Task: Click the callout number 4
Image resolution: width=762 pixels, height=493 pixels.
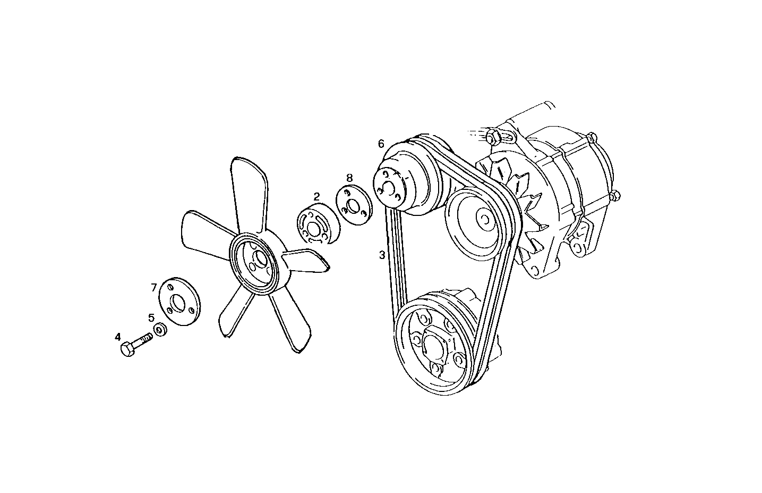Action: pyautogui.click(x=118, y=337)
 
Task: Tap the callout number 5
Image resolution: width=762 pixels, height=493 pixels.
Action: pyautogui.click(x=151, y=317)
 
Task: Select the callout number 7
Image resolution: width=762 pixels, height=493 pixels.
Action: pyautogui.click(x=153, y=288)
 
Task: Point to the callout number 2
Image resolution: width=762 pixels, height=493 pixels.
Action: pyautogui.click(x=316, y=196)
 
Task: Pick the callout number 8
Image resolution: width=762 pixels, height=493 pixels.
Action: pyautogui.click(x=349, y=177)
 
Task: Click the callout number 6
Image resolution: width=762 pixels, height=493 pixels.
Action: pyautogui.click(x=381, y=144)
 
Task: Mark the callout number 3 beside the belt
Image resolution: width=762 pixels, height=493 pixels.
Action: pyautogui.click(x=381, y=255)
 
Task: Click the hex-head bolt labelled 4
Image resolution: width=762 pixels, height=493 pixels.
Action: pyautogui.click(x=133, y=346)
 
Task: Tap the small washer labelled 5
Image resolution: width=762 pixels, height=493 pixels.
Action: pyautogui.click(x=159, y=331)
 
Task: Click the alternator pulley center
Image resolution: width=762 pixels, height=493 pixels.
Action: pyautogui.click(x=484, y=218)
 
